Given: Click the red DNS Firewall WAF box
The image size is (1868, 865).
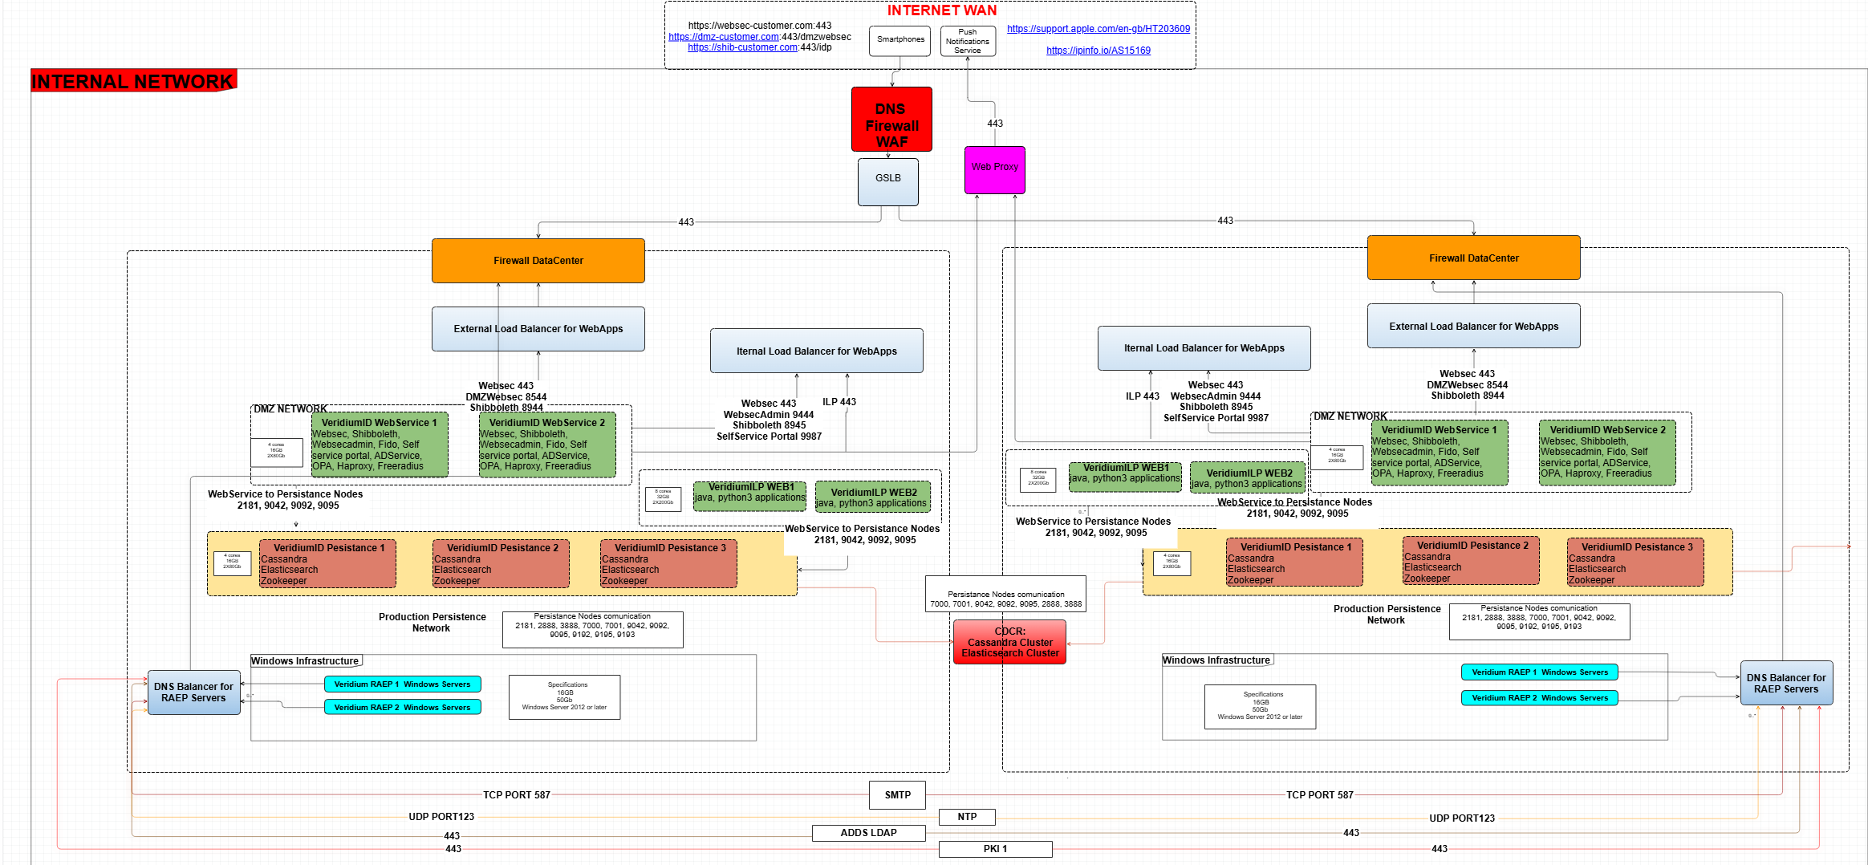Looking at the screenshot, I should [891, 120].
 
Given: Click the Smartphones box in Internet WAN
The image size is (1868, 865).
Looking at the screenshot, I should [899, 40].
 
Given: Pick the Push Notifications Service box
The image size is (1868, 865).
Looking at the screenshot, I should [968, 41].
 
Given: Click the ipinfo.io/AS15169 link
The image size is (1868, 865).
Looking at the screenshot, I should [1098, 51].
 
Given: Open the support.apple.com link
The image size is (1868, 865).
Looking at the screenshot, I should [1098, 29].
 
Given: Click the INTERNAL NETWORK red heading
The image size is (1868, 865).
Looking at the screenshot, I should [132, 81].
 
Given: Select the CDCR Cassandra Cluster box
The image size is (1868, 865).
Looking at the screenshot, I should [1009, 642].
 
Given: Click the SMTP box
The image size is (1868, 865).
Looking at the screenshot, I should [897, 795].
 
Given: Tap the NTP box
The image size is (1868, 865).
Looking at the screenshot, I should [967, 817].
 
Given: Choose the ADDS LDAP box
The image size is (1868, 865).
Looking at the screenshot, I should [868, 833].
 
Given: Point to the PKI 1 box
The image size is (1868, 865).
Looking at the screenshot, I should [995, 849].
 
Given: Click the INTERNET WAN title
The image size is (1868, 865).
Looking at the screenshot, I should [941, 10].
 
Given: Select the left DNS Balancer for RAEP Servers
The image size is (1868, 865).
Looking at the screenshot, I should [193, 692].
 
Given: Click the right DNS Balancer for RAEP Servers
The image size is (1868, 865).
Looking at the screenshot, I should [1785, 684].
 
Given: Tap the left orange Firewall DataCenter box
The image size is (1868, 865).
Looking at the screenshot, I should [538, 261].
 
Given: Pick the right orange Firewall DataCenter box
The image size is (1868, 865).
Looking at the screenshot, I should [1473, 258].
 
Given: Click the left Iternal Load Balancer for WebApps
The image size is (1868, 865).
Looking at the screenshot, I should [816, 351].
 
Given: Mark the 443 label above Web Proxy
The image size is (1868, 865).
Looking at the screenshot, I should [995, 124].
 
